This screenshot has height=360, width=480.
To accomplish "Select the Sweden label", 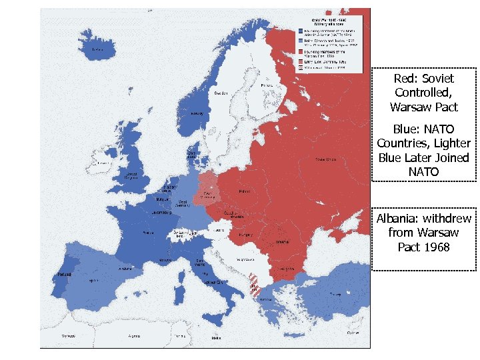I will [x=221, y=93].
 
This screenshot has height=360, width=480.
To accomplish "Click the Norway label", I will [x=197, y=113].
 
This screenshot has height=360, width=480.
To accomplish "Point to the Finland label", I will [x=267, y=85].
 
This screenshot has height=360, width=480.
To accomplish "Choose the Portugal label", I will [x=63, y=274].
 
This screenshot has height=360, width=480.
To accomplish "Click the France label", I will [x=149, y=233].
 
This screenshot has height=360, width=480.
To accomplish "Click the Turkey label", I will [x=334, y=294].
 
